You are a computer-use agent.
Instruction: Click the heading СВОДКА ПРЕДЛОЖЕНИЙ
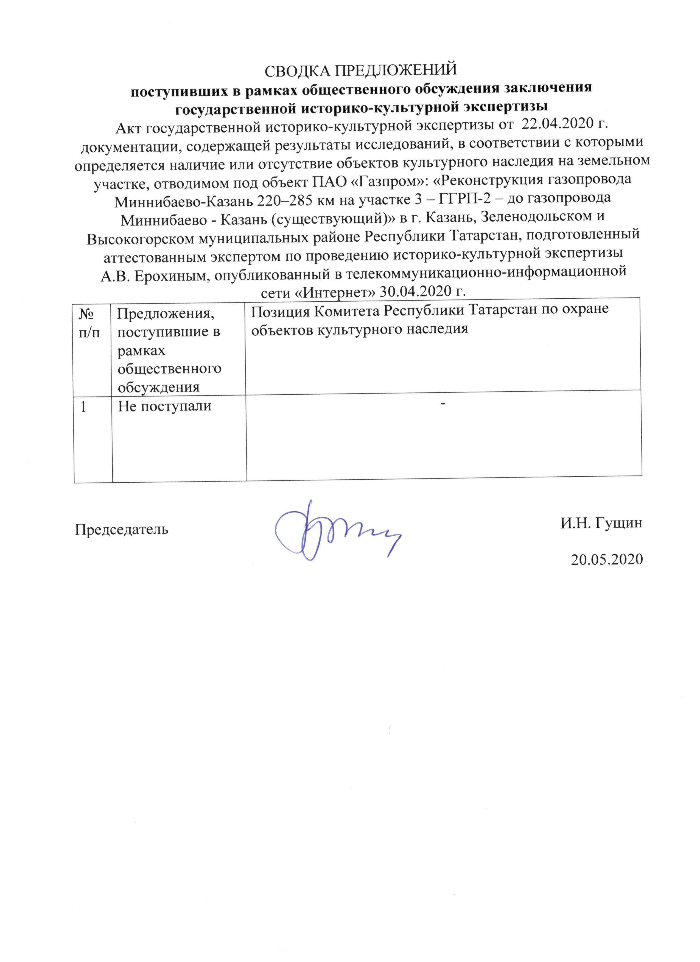click(x=360, y=70)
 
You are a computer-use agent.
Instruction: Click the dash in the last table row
click(x=443, y=404)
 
